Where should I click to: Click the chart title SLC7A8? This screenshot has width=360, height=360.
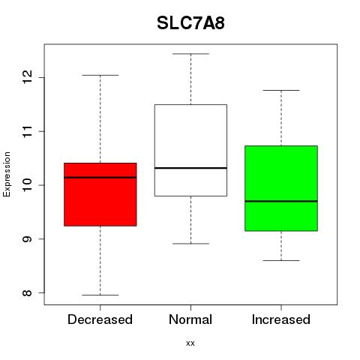tap(190, 23)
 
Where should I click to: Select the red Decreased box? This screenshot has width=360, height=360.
tap(100, 194)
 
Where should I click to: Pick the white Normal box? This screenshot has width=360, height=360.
tap(190, 150)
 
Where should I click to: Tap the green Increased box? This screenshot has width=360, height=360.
tap(281, 188)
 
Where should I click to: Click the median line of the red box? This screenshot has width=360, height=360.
tap(100, 178)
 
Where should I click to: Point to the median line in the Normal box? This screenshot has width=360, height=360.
tap(190, 168)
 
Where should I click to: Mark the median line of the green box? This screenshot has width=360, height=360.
tap(281, 201)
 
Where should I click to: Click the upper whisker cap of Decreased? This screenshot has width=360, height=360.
tap(100, 75)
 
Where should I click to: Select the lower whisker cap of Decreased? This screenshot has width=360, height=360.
tap(100, 295)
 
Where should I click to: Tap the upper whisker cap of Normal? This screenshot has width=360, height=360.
tap(190, 54)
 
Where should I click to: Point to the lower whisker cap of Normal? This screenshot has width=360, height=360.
tap(190, 244)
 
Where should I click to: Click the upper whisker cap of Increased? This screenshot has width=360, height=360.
tap(281, 90)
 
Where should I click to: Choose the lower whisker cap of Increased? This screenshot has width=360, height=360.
tap(281, 260)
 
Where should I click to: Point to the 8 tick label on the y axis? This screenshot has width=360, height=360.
tap(28, 292)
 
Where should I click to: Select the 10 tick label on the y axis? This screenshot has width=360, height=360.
tap(28, 185)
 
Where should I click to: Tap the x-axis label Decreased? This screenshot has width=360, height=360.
tap(100, 319)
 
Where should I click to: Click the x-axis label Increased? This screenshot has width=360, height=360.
tap(281, 319)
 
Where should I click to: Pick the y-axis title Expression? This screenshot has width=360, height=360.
tap(7, 174)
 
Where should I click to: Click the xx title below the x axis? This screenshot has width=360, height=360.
tap(190, 343)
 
